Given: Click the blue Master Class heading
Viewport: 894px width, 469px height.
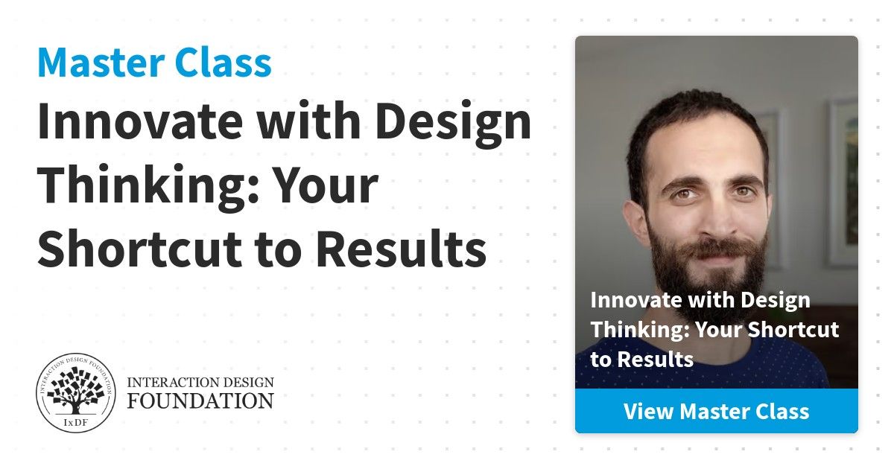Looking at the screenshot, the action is (x=154, y=63).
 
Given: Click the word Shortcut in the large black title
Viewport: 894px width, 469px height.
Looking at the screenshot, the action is (x=140, y=248).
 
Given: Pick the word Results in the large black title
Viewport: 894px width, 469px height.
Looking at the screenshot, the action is (x=402, y=248).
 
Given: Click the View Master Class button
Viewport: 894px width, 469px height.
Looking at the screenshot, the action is (x=717, y=411).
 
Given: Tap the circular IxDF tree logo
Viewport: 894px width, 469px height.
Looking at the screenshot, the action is (x=76, y=392).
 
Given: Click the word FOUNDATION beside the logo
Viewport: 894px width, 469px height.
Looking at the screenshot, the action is (x=200, y=401).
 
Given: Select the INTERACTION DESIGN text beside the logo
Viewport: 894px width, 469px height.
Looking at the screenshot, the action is (x=200, y=382).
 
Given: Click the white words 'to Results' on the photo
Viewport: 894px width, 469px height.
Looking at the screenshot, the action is (x=641, y=360).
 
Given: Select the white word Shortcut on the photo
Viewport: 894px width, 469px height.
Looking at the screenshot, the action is (x=793, y=329).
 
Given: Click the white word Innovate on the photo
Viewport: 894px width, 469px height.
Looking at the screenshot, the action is (x=636, y=300).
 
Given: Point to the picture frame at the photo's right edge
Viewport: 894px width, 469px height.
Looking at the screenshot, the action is (x=842, y=183).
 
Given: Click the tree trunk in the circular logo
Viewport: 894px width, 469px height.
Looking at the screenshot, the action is (x=75, y=406).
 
